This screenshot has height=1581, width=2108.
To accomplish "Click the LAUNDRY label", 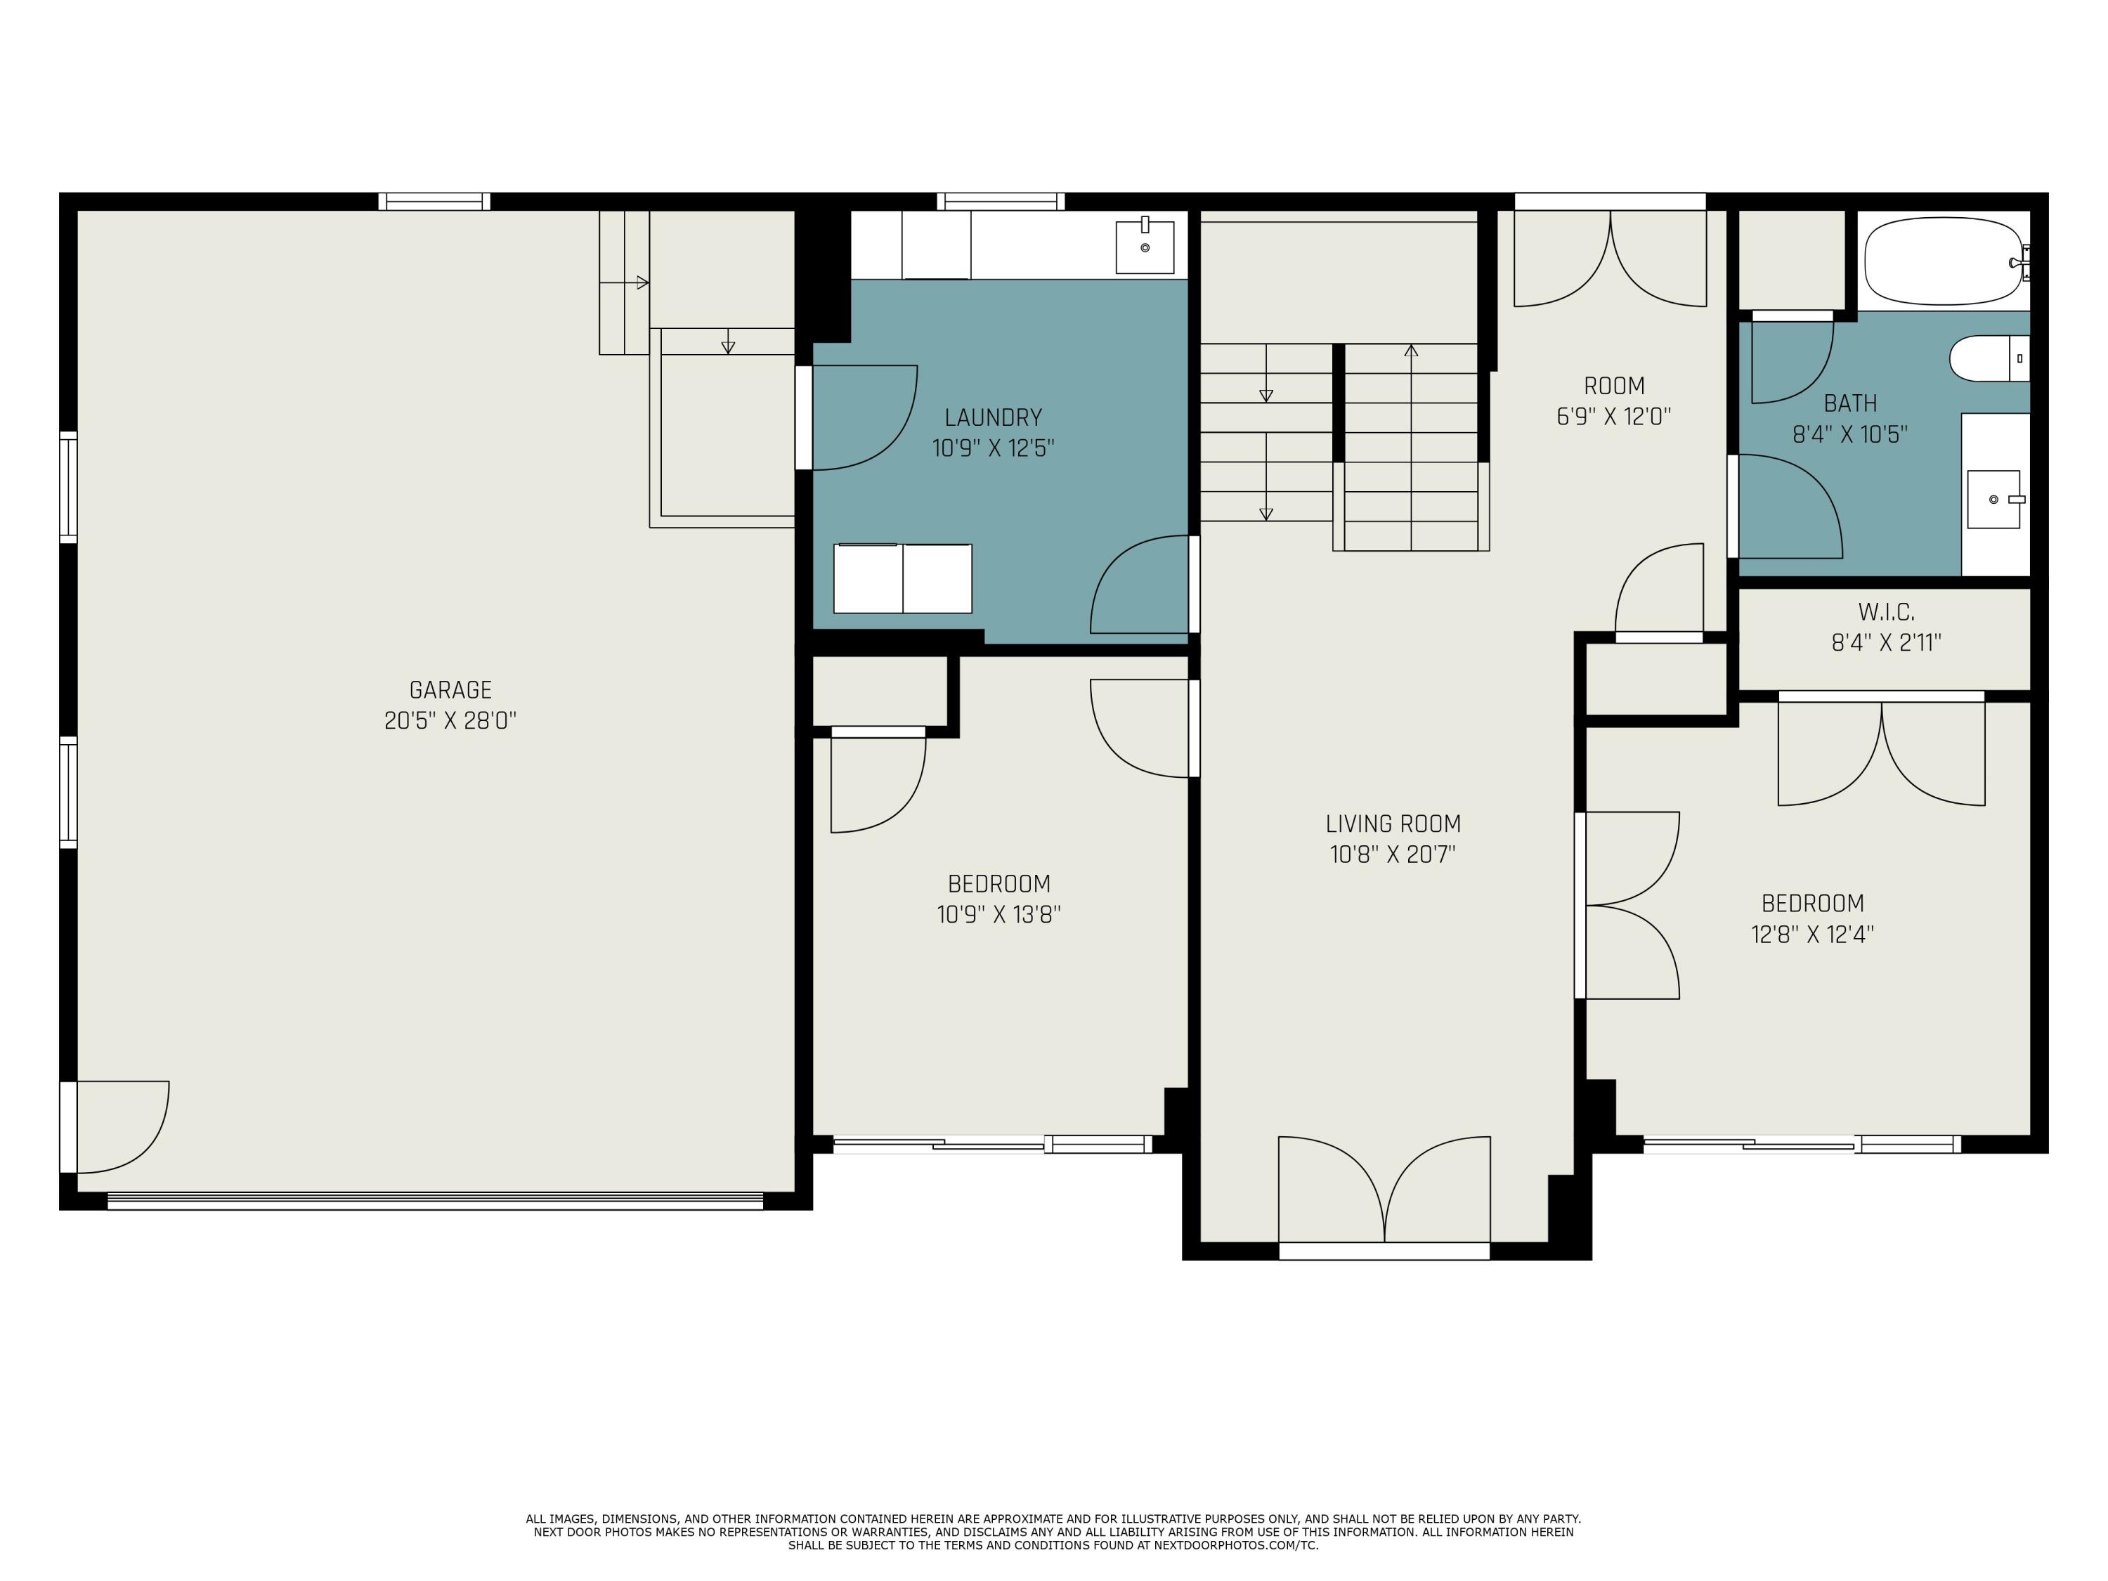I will [993, 417].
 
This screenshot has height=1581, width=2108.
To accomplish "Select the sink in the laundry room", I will [1145, 247].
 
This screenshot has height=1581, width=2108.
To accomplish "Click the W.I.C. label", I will [1886, 612].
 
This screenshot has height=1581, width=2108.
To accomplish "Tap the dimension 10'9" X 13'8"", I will [998, 915].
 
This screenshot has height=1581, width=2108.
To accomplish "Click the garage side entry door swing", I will [119, 1126].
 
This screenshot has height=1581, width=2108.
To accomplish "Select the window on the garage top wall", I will [434, 201].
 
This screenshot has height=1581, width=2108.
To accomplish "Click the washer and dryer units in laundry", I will [902, 578].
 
